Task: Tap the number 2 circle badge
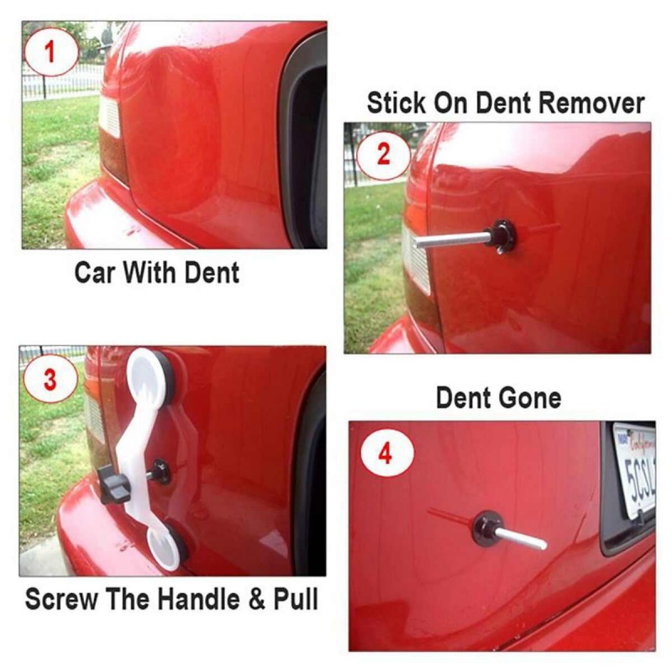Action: click(x=383, y=155)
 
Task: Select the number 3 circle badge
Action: click(x=50, y=379)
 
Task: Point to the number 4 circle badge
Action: click(x=387, y=454)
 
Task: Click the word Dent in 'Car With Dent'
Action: click(x=212, y=272)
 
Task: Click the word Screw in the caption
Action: click(x=61, y=599)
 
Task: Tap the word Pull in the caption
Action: click(x=296, y=599)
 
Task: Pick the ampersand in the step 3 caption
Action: click(x=257, y=599)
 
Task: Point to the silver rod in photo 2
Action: click(x=452, y=239)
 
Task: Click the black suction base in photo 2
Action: click(x=503, y=236)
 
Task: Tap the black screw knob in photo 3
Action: click(x=114, y=485)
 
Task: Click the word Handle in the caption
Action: click(x=199, y=599)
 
